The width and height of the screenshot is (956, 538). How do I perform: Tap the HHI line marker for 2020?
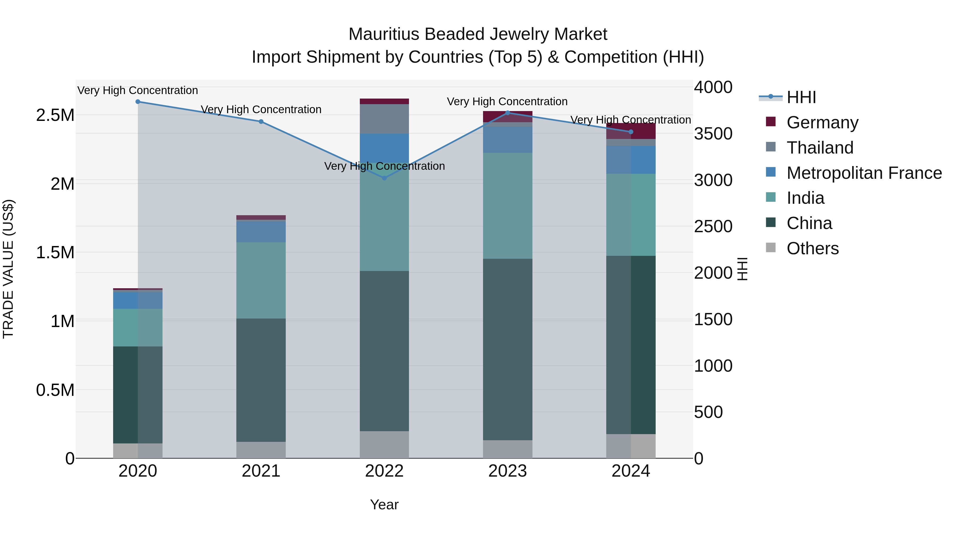pos(138,101)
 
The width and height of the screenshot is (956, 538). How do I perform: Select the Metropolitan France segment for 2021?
pos(261,232)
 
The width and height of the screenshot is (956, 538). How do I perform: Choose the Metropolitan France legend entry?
pos(864,173)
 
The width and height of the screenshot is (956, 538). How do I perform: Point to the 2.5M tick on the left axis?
pos(55,115)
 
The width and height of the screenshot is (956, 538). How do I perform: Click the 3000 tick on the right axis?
pos(713,180)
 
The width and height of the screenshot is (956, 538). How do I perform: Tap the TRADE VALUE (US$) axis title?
pos(8,269)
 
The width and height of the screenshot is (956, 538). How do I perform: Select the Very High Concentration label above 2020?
pos(138,90)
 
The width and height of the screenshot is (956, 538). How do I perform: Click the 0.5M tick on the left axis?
pos(55,390)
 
